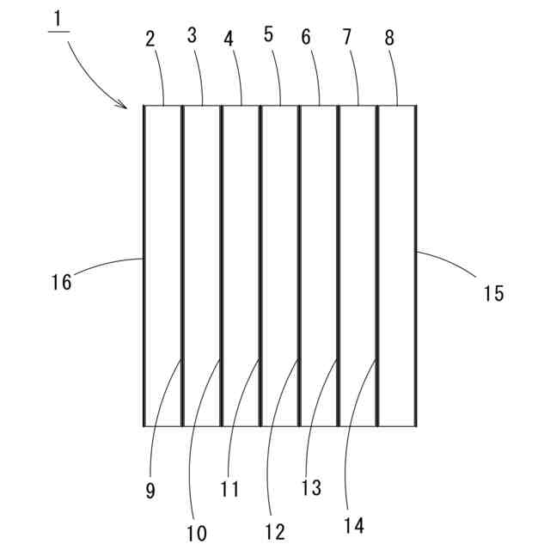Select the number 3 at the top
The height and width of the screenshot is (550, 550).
tap(192, 35)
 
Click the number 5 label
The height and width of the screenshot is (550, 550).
tap(268, 35)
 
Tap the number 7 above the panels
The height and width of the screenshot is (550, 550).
tap(346, 37)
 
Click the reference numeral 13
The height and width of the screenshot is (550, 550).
tap(310, 487)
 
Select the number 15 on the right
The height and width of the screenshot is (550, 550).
tap(492, 293)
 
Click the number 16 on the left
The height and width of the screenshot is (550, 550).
tap(62, 281)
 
